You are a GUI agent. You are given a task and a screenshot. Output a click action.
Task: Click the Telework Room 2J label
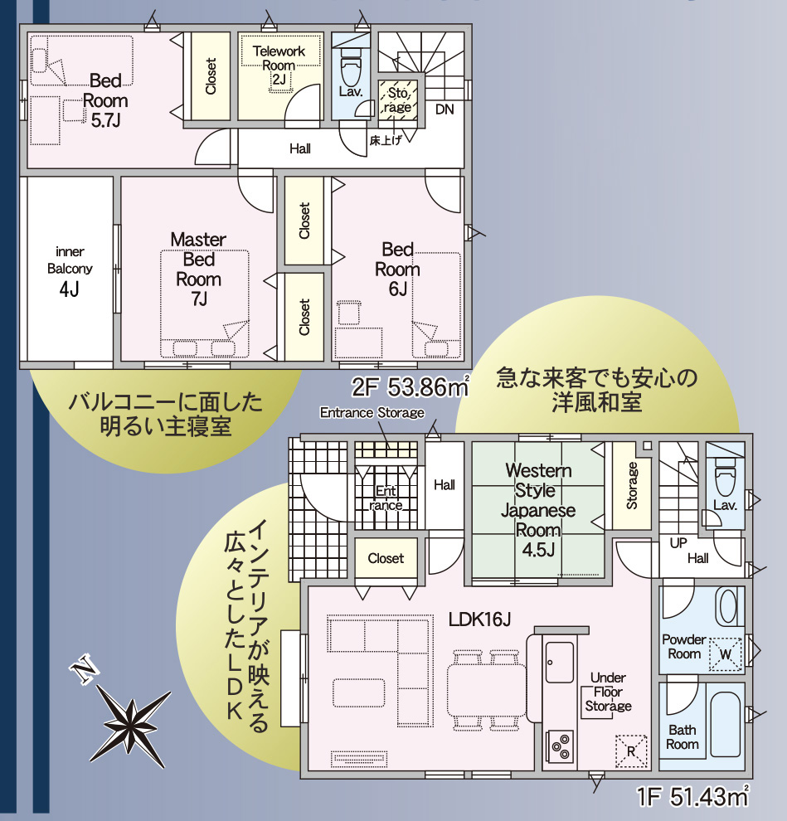[x=279, y=65]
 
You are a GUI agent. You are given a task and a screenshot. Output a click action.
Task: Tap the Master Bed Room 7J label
[x=198, y=270]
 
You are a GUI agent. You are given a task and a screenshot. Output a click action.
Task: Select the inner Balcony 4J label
[x=69, y=272]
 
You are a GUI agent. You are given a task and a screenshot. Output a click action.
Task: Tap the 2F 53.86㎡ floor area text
[x=411, y=386]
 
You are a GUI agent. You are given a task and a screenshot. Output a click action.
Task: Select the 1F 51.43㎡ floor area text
[x=692, y=796]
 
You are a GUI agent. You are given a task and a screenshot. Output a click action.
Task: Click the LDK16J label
[x=479, y=619]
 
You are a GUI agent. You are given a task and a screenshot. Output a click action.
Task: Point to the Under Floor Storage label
[x=608, y=692]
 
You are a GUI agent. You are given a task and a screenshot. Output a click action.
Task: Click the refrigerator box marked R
[x=631, y=751]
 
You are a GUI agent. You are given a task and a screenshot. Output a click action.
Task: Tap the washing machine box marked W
[x=725, y=654]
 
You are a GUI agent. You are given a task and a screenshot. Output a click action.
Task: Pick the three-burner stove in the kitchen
[x=560, y=746]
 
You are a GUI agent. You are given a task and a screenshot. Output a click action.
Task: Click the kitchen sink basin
[x=560, y=663]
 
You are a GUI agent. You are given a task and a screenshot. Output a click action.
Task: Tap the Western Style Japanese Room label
[x=537, y=510]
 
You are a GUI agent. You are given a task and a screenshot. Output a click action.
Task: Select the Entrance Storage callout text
[x=372, y=413]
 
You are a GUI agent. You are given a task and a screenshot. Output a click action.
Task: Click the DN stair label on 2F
[x=445, y=109]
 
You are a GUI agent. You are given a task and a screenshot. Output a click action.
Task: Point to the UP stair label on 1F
[x=678, y=543]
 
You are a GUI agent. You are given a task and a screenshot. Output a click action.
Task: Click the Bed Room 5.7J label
[x=105, y=100]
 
